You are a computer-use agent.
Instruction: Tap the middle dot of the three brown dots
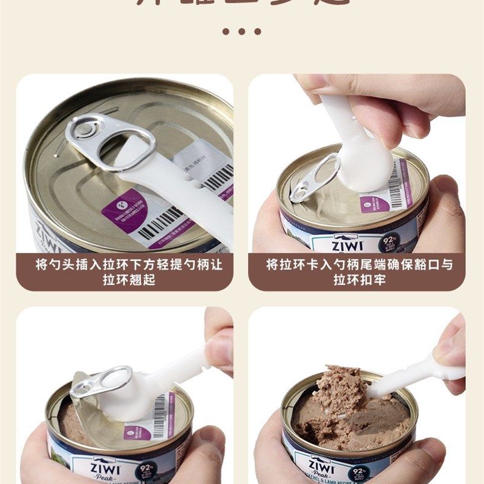point(242,31)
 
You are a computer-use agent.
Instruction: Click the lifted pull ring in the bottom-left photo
point(103,382)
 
